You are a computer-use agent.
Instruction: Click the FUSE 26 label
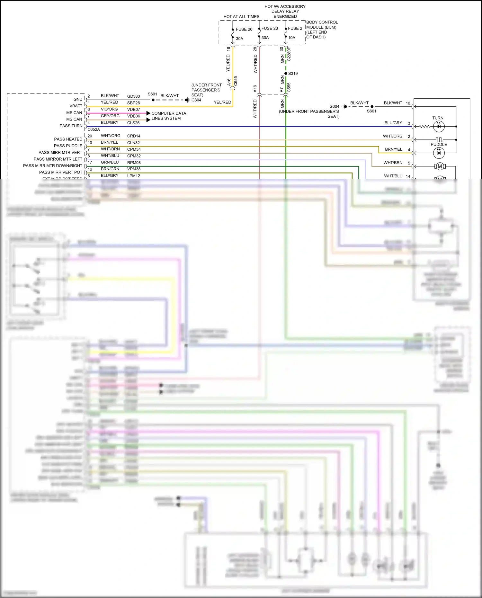click(x=244, y=29)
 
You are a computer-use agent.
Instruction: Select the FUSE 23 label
click(x=270, y=28)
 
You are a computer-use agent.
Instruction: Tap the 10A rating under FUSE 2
click(x=291, y=38)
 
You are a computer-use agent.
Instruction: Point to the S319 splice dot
click(x=286, y=74)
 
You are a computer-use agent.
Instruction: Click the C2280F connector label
click(x=289, y=54)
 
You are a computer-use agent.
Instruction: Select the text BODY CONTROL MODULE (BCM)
click(x=322, y=25)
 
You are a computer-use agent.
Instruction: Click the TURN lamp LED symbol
click(x=439, y=126)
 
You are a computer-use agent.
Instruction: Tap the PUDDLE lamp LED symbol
click(x=439, y=153)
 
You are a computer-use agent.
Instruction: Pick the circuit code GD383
click(x=133, y=96)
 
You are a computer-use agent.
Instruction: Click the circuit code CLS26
click(x=133, y=123)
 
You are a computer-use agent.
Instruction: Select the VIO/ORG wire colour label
click(x=109, y=109)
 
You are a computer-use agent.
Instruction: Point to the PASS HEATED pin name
click(x=68, y=139)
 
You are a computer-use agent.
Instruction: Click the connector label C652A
click(x=94, y=129)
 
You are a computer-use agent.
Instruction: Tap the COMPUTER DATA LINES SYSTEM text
click(x=168, y=116)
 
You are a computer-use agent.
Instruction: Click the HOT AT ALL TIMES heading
click(x=241, y=17)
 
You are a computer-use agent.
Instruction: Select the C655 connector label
click(x=236, y=81)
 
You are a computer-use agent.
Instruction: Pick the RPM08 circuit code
click(x=134, y=163)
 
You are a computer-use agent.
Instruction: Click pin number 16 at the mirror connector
click(x=408, y=103)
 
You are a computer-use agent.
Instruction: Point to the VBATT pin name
click(x=76, y=106)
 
